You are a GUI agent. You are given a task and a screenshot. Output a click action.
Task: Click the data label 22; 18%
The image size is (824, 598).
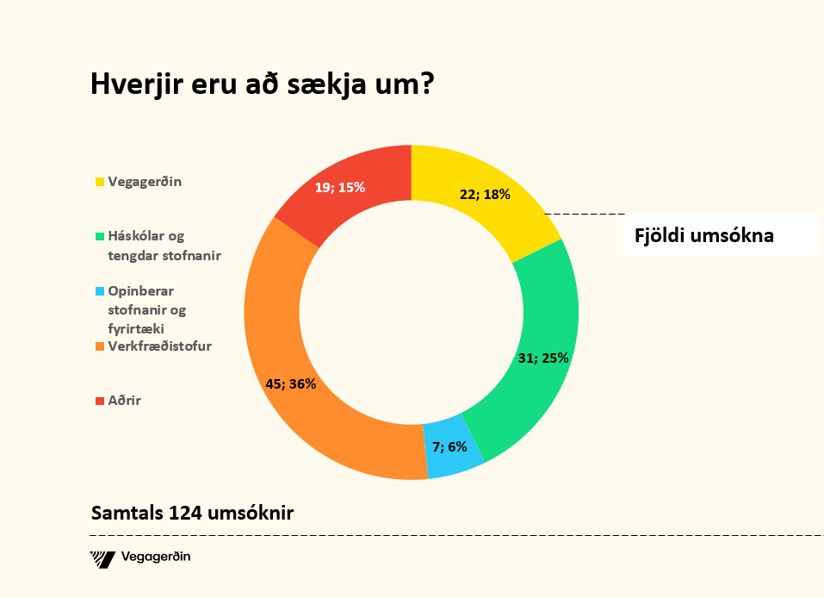click(x=485, y=195)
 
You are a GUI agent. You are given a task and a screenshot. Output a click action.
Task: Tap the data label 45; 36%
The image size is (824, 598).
click(x=290, y=384)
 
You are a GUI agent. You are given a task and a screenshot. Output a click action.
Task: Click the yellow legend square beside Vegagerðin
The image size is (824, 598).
click(x=100, y=182)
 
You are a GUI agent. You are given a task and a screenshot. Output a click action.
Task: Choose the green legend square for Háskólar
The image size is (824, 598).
click(x=100, y=236)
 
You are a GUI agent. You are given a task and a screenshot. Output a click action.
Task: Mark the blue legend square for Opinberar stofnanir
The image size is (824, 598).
click(x=100, y=291)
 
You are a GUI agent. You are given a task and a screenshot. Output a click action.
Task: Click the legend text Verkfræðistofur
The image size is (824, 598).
click(x=159, y=346)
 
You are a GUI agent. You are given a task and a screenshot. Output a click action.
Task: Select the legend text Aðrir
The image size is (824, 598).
click(x=124, y=401)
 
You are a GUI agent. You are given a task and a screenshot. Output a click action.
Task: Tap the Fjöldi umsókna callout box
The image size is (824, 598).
click(x=720, y=235)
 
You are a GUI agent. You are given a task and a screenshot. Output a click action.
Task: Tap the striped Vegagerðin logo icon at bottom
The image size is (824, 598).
click(x=102, y=558)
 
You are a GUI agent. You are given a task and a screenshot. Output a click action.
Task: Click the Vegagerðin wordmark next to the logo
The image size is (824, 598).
click(x=157, y=558)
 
